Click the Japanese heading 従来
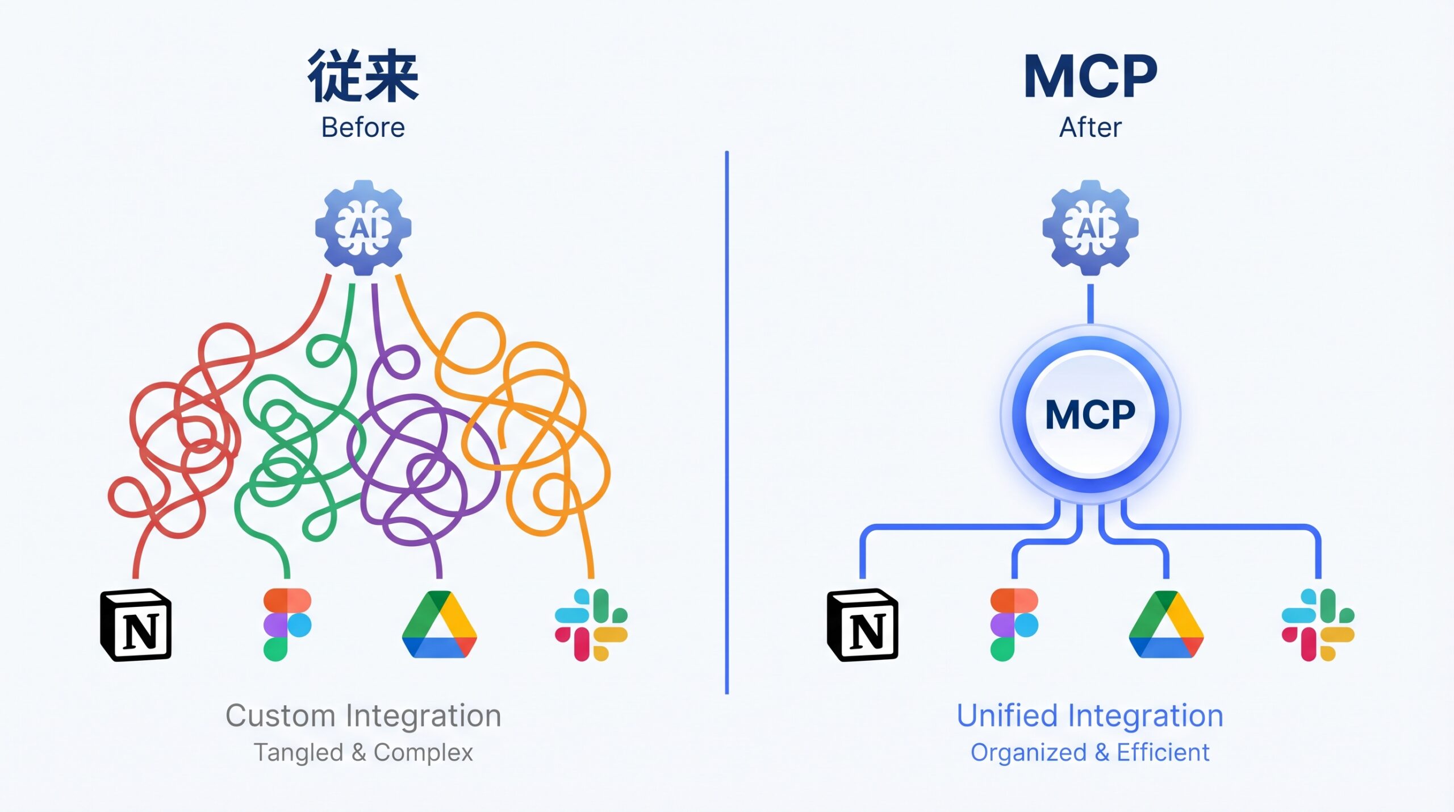(363, 76)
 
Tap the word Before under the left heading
(363, 127)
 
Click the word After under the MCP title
(1090, 127)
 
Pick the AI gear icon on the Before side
(363, 228)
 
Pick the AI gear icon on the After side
(1090, 228)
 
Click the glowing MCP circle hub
(1090, 415)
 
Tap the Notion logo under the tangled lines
(136, 625)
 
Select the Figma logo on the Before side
(287, 625)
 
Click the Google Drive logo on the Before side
(439, 625)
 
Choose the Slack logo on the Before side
(591, 625)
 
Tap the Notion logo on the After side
(863, 625)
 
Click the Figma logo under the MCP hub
(1014, 625)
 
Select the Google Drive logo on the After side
(1166, 625)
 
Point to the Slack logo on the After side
(1318, 625)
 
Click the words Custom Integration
(363, 715)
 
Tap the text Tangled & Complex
(363, 752)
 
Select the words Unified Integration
(1090, 715)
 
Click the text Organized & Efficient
(1090, 752)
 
